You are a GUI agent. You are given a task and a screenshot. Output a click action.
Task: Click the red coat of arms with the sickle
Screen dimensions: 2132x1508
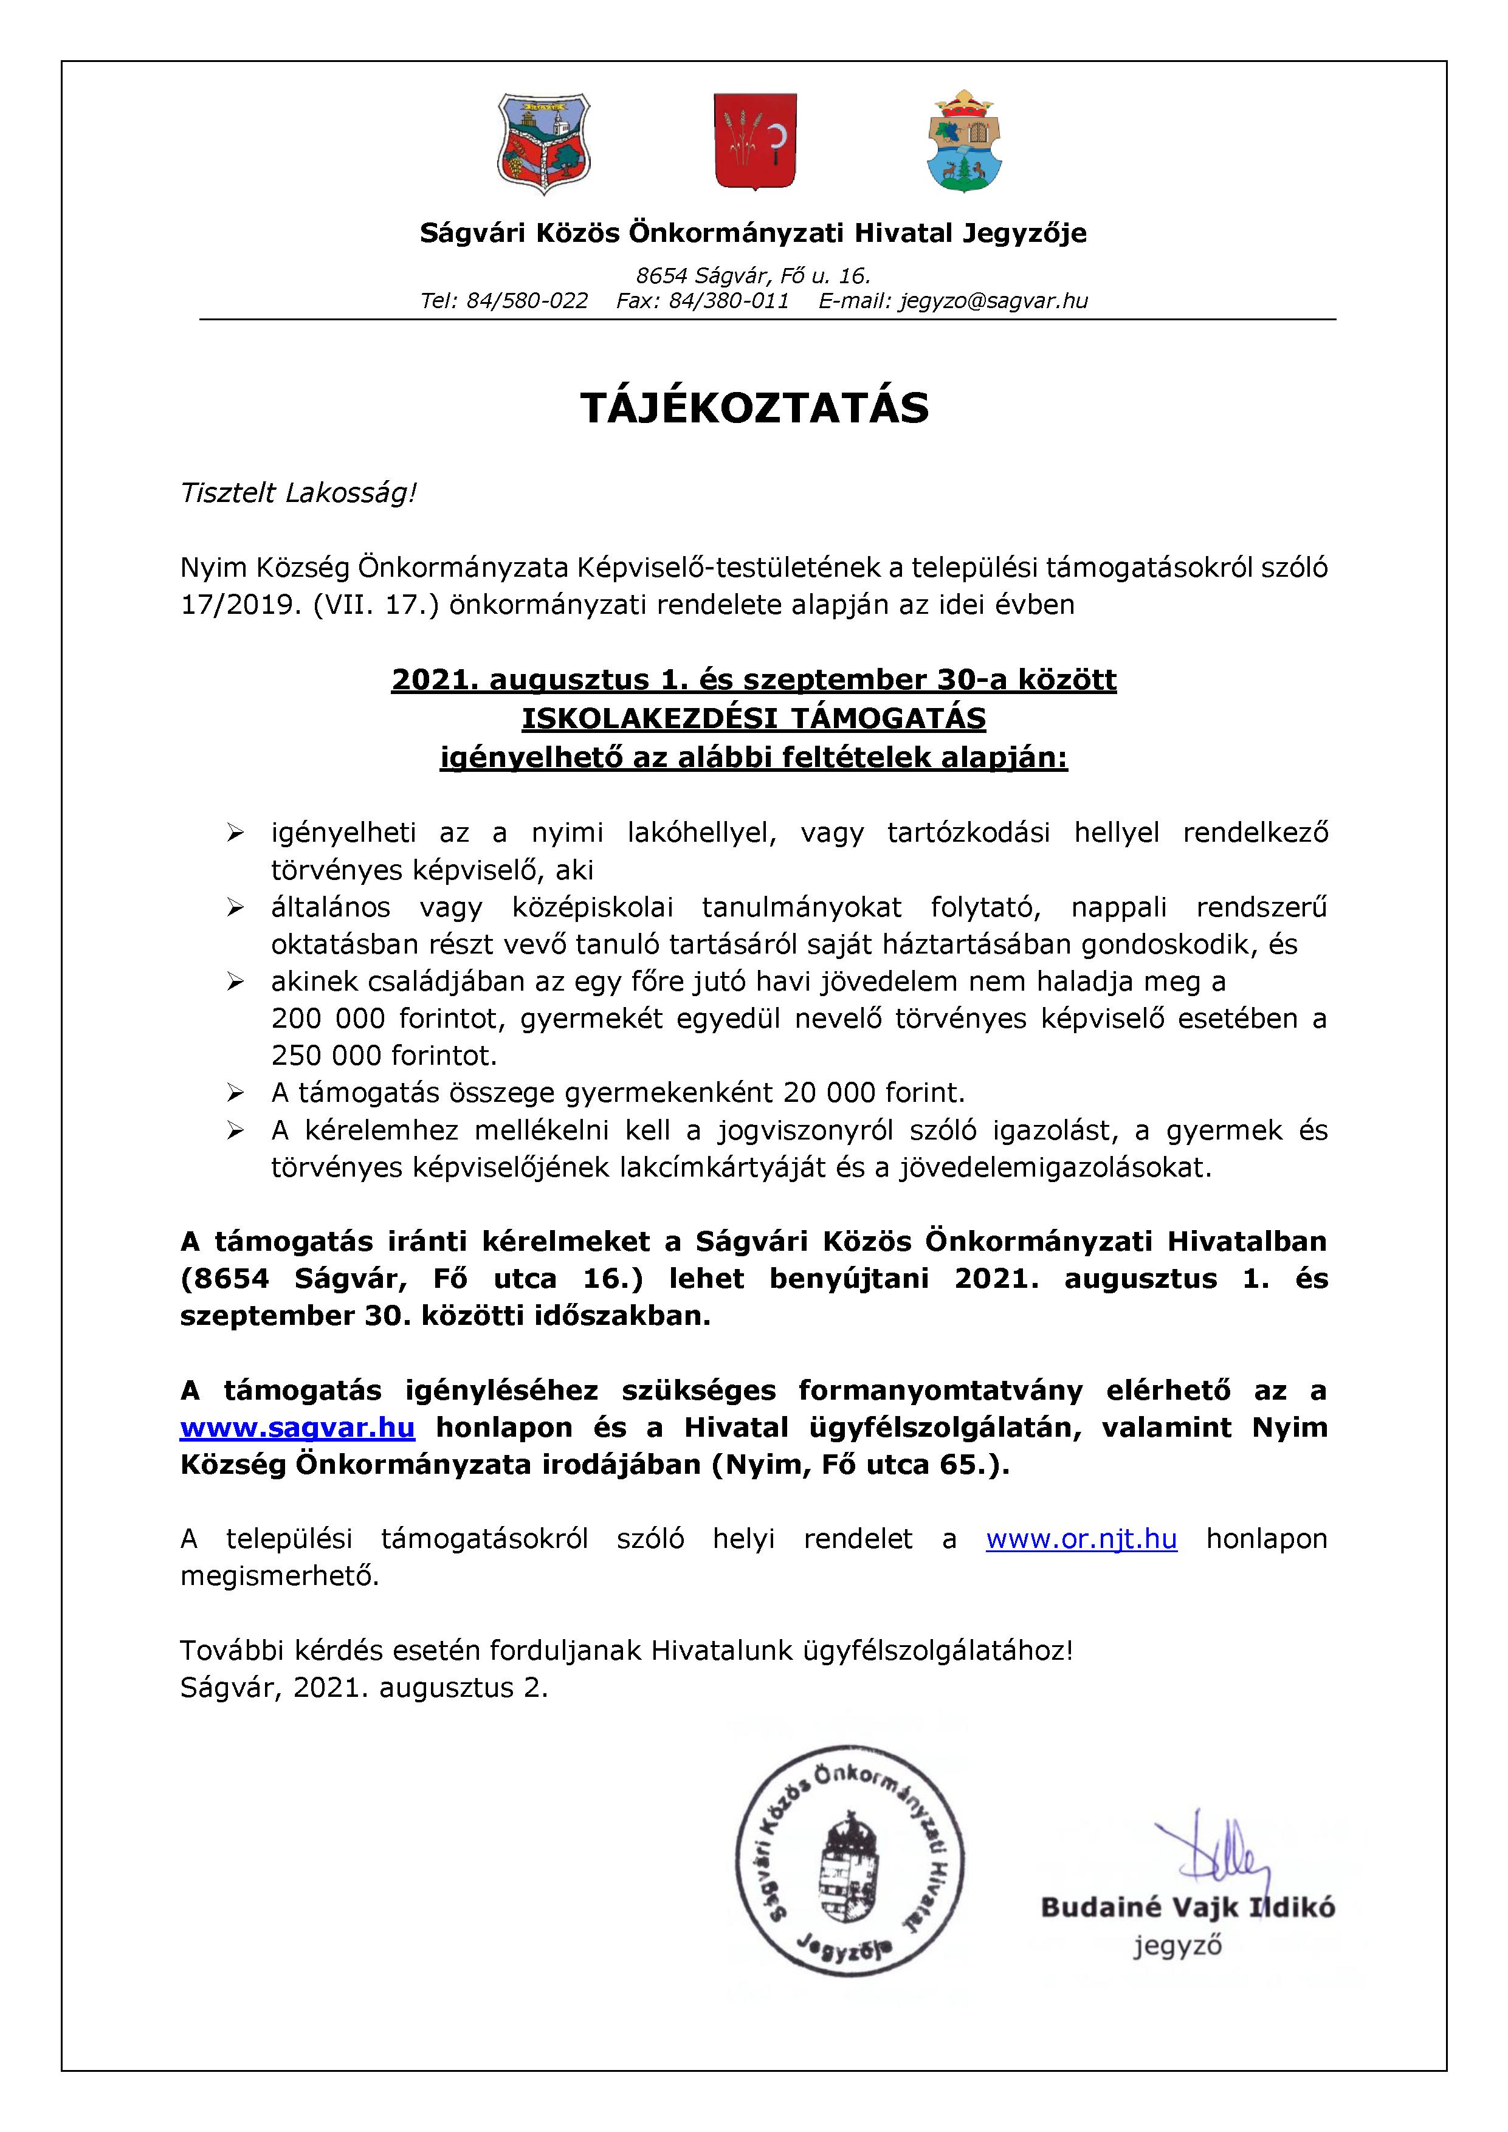(x=754, y=141)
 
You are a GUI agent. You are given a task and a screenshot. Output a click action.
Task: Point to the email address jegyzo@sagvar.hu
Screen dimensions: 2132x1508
(x=993, y=301)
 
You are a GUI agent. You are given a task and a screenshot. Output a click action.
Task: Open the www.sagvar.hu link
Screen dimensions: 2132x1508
(x=297, y=1427)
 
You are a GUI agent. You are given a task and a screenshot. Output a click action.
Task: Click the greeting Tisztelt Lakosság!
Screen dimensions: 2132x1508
(x=298, y=493)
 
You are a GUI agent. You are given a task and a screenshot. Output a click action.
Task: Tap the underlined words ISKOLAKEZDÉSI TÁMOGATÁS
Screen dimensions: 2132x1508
(x=754, y=718)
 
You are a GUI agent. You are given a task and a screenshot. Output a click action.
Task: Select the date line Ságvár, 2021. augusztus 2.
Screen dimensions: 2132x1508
(x=364, y=1687)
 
